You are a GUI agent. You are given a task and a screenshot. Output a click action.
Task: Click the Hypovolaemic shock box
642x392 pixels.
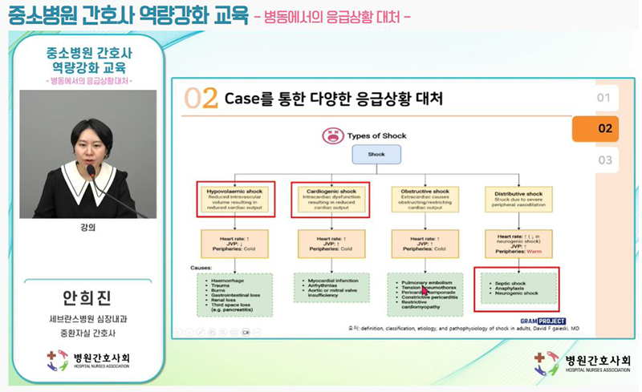pos(235,199)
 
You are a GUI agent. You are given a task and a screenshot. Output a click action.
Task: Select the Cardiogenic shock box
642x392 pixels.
pos(330,199)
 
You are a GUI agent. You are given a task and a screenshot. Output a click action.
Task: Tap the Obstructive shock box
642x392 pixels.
pos(425,199)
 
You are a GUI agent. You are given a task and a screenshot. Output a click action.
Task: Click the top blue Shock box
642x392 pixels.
pos(376,155)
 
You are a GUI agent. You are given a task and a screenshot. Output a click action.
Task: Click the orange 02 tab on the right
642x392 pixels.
pos(604,128)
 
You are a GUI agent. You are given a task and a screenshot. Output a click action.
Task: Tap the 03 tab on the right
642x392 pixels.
pos(604,160)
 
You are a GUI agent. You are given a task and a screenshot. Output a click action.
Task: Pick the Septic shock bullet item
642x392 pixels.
pos(511,283)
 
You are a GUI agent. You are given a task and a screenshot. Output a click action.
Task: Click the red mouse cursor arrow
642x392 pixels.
pos(426,291)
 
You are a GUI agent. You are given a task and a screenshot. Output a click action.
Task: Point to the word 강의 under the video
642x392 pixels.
pos(87,227)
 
